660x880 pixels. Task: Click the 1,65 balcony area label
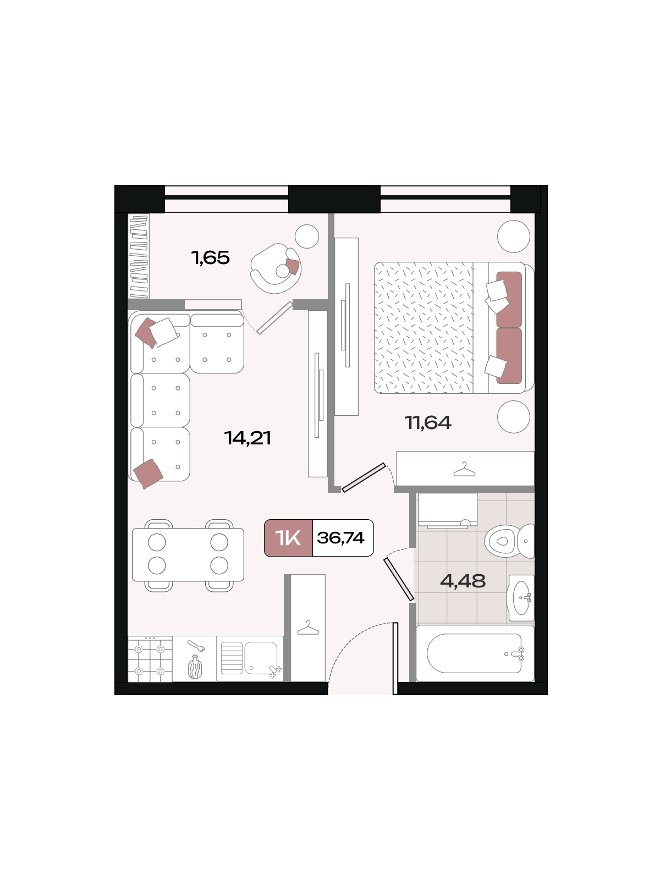pyautogui.click(x=211, y=258)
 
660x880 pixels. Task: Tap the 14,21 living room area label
pyautogui.click(x=248, y=438)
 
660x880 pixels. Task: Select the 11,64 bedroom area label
pyautogui.click(x=428, y=422)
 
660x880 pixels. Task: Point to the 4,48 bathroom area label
pyautogui.click(x=463, y=580)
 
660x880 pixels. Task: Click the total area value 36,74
pyautogui.click(x=340, y=537)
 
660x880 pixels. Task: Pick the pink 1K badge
pyautogui.click(x=288, y=537)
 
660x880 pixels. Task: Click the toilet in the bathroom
pyautogui.click(x=509, y=541)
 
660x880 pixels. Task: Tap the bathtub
pyautogui.click(x=475, y=653)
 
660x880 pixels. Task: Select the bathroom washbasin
pyautogui.click(x=520, y=598)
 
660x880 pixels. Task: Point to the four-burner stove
pyautogui.click(x=150, y=659)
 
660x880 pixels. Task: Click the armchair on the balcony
pyautogui.click(x=276, y=268)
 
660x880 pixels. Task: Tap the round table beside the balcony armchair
pyautogui.click(x=306, y=236)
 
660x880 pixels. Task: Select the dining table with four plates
pyautogui.click(x=188, y=554)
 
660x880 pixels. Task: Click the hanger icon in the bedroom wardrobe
pyautogui.click(x=464, y=469)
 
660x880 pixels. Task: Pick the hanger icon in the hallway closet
pyautogui.click(x=308, y=628)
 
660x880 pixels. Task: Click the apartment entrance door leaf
pyautogui.click(x=395, y=658)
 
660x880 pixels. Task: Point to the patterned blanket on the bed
pyautogui.click(x=424, y=328)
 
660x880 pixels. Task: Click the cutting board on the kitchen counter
pyautogui.click(x=195, y=667)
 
